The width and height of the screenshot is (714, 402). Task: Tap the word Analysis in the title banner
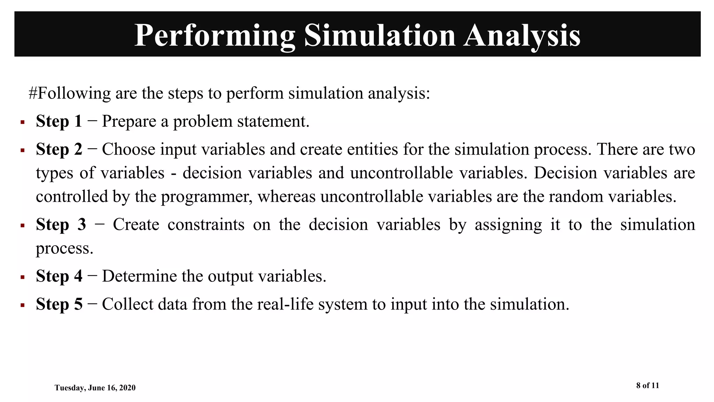pyautogui.click(x=522, y=36)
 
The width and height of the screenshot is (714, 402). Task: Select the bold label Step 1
pyautogui.click(x=59, y=121)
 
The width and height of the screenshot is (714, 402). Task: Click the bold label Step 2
pyautogui.click(x=59, y=149)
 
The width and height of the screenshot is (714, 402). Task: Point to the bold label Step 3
pyautogui.click(x=61, y=224)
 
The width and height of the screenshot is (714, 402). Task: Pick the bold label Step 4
pyautogui.click(x=59, y=276)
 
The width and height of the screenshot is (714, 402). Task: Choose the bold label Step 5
pyautogui.click(x=59, y=304)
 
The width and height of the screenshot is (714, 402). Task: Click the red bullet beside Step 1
pyautogui.click(x=22, y=122)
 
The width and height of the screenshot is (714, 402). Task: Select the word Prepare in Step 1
pyautogui.click(x=129, y=121)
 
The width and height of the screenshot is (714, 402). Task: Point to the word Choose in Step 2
pyautogui.click(x=128, y=149)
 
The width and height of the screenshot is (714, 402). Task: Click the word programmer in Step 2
pyautogui.click(x=207, y=197)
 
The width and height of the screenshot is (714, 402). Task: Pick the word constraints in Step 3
pyautogui.click(x=206, y=224)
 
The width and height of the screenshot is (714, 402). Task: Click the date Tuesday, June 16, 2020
pyautogui.click(x=95, y=388)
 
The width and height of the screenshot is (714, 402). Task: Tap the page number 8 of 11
pyautogui.click(x=647, y=385)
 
